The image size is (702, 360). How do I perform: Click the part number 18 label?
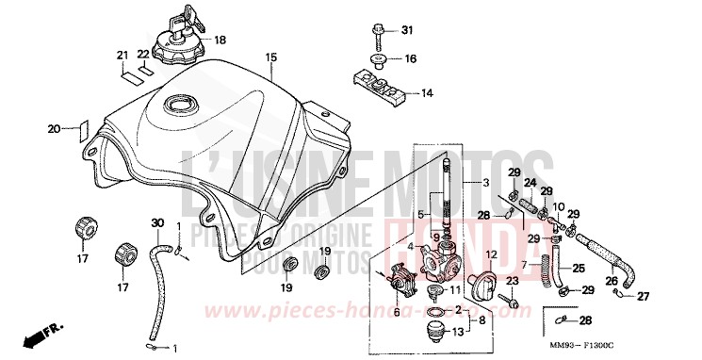[x=220, y=40]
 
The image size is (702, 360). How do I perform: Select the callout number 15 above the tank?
[x=270, y=58]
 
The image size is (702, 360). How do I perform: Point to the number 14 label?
[x=427, y=93]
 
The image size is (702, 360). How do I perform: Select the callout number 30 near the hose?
[x=157, y=223]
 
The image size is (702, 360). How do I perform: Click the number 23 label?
[x=513, y=281]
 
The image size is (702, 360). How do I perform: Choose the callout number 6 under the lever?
[x=397, y=311]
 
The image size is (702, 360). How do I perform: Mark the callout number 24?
[x=530, y=182]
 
